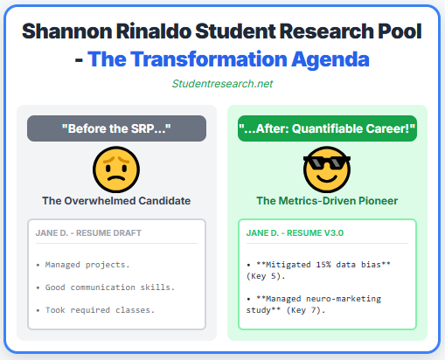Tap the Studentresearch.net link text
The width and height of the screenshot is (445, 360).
pos(222,84)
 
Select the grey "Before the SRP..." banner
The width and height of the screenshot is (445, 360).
pos(116,129)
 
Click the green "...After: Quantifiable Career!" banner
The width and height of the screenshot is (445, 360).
pos(327,129)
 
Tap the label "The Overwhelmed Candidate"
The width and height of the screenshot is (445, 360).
pos(116,201)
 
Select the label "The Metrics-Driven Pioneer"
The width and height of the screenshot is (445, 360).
pos(327,201)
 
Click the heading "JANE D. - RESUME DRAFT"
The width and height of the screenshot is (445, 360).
pos(88,233)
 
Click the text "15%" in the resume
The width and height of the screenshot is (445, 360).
pos(325,263)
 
